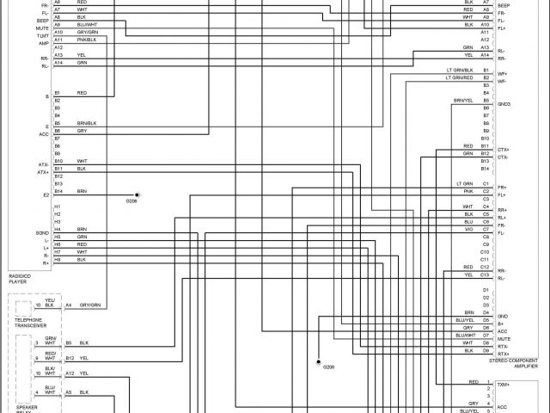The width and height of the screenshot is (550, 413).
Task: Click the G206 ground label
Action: (131, 200)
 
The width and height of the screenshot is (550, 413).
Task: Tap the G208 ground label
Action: (328, 367)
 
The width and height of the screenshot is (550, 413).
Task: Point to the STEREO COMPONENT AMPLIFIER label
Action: (518, 363)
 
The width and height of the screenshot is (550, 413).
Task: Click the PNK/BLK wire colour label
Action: (86, 40)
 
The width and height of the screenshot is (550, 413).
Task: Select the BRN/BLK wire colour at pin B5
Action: (86, 123)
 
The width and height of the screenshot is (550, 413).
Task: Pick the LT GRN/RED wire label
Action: (460, 77)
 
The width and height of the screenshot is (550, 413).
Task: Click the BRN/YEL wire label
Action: (463, 101)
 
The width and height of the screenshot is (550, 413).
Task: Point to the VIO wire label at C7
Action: (468, 229)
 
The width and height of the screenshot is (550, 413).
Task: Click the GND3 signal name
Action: (504, 104)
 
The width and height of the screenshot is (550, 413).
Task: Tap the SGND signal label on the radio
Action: (42, 233)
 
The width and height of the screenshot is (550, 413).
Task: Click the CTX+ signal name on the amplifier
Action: (503, 150)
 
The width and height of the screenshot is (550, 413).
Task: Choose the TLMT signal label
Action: (43, 35)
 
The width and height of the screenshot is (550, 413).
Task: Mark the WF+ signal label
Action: (502, 74)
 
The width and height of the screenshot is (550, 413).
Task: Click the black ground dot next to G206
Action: (137, 194)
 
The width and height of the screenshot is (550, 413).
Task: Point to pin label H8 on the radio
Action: (58, 259)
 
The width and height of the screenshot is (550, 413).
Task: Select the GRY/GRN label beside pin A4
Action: (90, 305)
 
